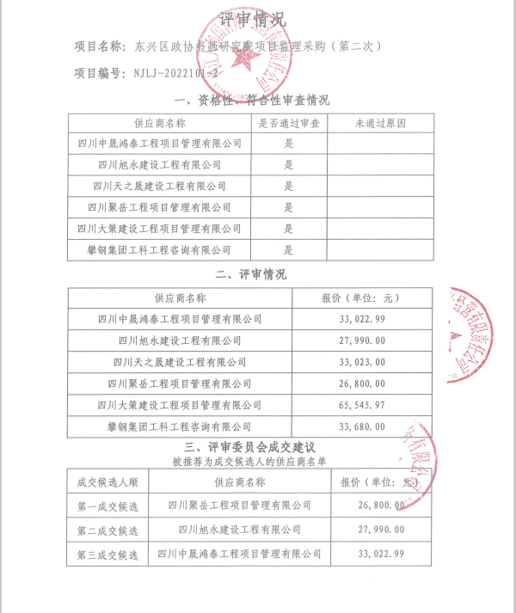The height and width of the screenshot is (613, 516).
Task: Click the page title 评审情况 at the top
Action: pos(254,18)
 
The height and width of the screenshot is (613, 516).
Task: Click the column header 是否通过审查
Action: pos(289,124)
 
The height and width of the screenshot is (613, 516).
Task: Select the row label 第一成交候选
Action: pos(107,506)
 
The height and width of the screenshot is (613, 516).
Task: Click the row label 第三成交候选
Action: pos(107,555)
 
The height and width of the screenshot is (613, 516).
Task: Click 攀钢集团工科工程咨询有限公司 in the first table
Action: pos(161,249)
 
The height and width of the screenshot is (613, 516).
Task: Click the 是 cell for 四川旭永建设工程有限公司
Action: pos(289,165)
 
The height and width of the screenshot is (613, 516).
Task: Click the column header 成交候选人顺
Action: pos(107,482)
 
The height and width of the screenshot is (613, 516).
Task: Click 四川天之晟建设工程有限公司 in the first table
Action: pos(161,186)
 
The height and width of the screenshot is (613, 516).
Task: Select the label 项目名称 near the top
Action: pos(98,46)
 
